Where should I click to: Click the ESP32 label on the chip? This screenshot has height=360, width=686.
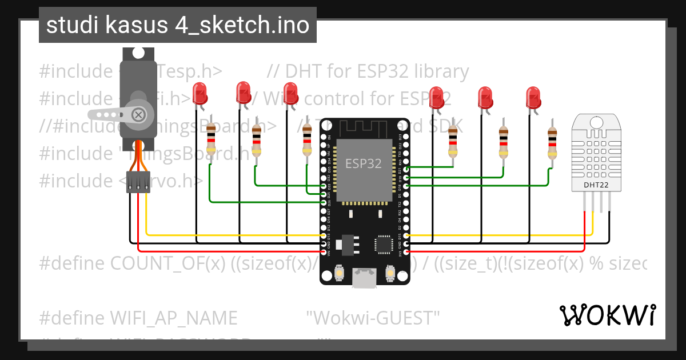(x=364, y=164)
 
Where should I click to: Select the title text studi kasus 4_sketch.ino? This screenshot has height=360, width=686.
(x=178, y=25)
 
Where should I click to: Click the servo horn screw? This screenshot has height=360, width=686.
(x=138, y=114)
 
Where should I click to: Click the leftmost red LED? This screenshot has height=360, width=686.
(x=200, y=93)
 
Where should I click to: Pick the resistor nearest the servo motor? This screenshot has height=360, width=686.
(x=211, y=139)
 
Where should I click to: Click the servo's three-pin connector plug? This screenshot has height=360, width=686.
(x=138, y=183)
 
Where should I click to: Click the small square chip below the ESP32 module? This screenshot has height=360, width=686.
(x=381, y=243)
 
